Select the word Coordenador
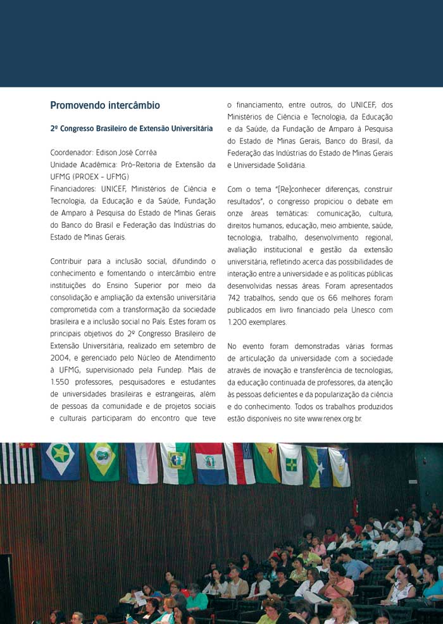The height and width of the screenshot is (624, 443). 71,153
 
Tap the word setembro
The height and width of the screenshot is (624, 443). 187,346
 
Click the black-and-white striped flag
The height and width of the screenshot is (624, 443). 18,463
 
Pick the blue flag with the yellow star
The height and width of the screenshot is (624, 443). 60,460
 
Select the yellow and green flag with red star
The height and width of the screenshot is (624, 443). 266,463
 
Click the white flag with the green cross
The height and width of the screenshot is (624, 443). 290,463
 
